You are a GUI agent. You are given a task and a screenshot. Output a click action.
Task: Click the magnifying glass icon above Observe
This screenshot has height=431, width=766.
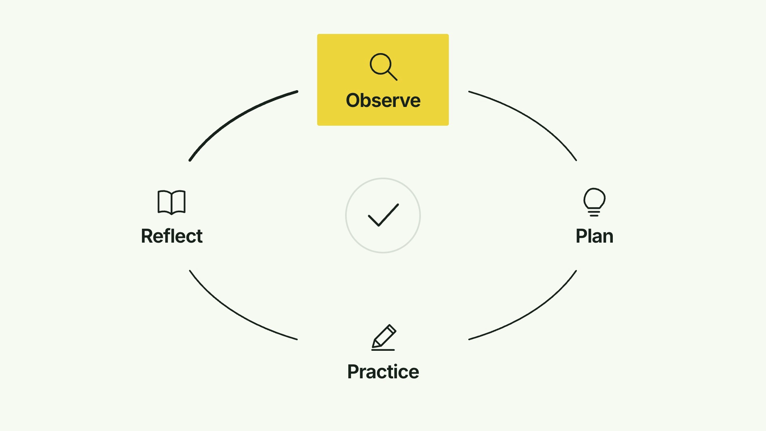(383, 67)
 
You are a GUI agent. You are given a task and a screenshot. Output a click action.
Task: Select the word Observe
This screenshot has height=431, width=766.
(383, 100)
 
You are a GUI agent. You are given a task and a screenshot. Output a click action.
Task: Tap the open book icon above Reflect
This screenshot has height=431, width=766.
(172, 202)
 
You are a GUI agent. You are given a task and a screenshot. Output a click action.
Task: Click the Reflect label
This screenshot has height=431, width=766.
(172, 236)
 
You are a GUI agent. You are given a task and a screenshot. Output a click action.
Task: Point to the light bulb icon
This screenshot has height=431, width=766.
(594, 202)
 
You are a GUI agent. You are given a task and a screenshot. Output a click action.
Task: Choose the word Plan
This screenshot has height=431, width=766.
(594, 236)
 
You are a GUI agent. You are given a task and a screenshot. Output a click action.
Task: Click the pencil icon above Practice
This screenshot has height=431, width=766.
(383, 338)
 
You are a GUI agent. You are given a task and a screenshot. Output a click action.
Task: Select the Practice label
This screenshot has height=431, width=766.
(383, 372)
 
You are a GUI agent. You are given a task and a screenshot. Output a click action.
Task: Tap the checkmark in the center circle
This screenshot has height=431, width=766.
(383, 215)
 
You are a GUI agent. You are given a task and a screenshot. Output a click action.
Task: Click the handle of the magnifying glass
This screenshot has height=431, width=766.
(392, 75)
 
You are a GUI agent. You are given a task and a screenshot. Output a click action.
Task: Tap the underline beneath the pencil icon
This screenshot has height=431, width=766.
(383, 350)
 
